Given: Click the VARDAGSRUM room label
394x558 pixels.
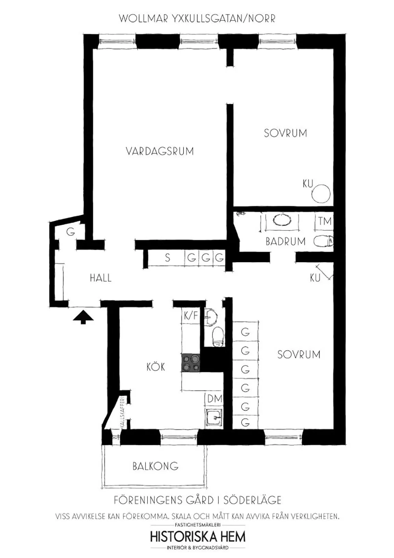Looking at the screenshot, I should [x=160, y=151].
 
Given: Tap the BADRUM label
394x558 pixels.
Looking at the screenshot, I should [x=285, y=241].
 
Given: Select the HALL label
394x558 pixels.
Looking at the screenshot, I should [x=100, y=278].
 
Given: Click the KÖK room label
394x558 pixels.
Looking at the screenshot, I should [x=156, y=367].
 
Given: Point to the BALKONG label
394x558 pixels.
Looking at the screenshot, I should [x=155, y=466].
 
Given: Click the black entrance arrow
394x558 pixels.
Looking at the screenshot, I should [x=83, y=317].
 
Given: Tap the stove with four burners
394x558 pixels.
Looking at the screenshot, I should [x=191, y=362].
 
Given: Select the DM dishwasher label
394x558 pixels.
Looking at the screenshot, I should [x=215, y=399].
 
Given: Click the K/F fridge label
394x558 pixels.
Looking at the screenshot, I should [x=191, y=315].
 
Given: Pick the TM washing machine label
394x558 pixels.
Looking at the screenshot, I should [x=325, y=222].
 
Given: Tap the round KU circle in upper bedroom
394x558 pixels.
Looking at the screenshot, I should [x=322, y=194].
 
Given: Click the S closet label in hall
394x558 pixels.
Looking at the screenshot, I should [x=167, y=258].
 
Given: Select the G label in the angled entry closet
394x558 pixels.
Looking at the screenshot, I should [x=71, y=232].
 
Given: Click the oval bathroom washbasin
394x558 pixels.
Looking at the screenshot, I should [x=282, y=220].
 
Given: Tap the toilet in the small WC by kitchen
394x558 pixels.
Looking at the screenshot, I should [x=217, y=336].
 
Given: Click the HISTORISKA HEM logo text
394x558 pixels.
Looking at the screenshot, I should [x=197, y=537].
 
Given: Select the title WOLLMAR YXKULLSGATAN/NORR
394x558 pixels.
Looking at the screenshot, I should [x=197, y=19].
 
